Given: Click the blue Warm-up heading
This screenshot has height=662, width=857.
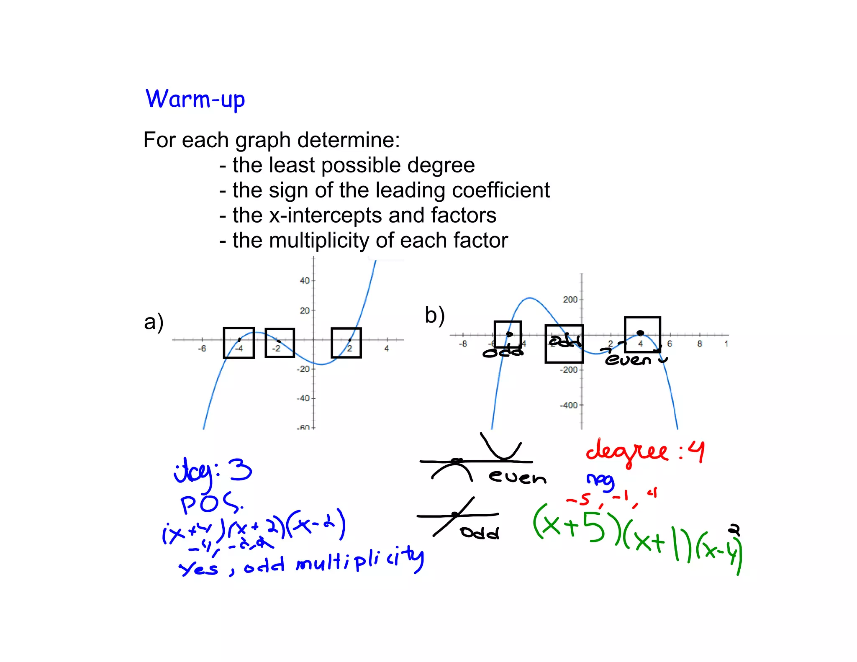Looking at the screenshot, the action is point(195,100).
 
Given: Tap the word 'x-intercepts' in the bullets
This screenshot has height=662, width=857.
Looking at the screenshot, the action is point(325,216).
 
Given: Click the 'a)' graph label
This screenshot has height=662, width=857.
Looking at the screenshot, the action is point(154,322).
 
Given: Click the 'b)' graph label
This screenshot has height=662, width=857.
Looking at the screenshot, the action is point(434,315).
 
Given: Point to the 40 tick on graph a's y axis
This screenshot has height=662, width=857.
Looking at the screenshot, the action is point(305,281).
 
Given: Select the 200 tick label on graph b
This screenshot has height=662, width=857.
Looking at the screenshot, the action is point(570,300).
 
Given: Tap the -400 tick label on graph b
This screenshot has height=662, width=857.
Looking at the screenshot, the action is point(569,405).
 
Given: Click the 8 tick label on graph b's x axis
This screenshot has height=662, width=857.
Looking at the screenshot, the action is point(700,344).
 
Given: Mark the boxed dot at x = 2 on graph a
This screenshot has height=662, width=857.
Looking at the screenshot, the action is point(350,340).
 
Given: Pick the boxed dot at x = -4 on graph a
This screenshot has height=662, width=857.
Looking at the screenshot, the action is point(239,340).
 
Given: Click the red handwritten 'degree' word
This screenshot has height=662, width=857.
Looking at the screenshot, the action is point(626,452).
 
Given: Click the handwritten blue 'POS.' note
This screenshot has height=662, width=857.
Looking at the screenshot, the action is point(211,503).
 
